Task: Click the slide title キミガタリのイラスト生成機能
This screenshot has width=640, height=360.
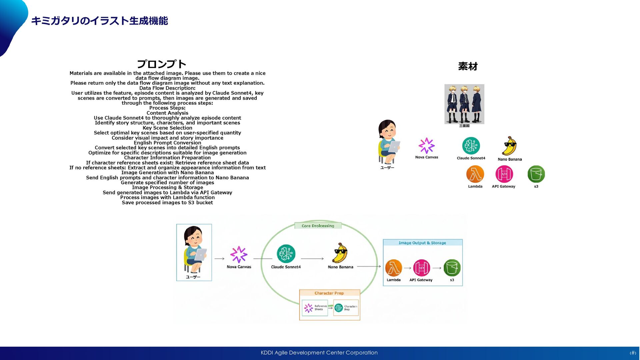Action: (99, 21)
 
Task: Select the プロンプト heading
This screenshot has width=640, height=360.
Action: (161, 64)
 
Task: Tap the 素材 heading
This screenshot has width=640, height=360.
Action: (468, 66)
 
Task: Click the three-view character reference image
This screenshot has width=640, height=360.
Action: (464, 104)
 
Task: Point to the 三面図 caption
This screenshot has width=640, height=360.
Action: (464, 126)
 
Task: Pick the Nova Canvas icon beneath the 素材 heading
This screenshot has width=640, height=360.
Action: (426, 146)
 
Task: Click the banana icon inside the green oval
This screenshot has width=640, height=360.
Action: (340, 253)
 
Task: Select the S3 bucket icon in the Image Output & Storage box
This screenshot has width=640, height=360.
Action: (452, 268)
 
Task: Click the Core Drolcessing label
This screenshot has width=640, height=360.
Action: (318, 226)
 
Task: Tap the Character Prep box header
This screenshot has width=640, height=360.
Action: (329, 293)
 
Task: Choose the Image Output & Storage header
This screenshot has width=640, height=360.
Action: (422, 243)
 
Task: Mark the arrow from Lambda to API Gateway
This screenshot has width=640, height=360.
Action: (407, 268)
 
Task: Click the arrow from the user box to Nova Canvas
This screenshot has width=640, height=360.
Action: (219, 259)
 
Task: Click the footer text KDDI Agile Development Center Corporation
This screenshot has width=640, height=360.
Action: (319, 353)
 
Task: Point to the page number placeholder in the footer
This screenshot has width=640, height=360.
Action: (632, 353)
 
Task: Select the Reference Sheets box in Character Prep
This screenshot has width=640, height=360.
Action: (315, 308)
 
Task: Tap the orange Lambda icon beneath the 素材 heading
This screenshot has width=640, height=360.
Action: (475, 174)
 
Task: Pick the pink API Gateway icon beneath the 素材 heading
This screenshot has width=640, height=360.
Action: (504, 174)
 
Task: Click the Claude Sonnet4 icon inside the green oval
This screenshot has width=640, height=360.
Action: (286, 254)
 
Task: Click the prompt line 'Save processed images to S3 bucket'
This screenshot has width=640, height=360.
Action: (167, 203)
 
